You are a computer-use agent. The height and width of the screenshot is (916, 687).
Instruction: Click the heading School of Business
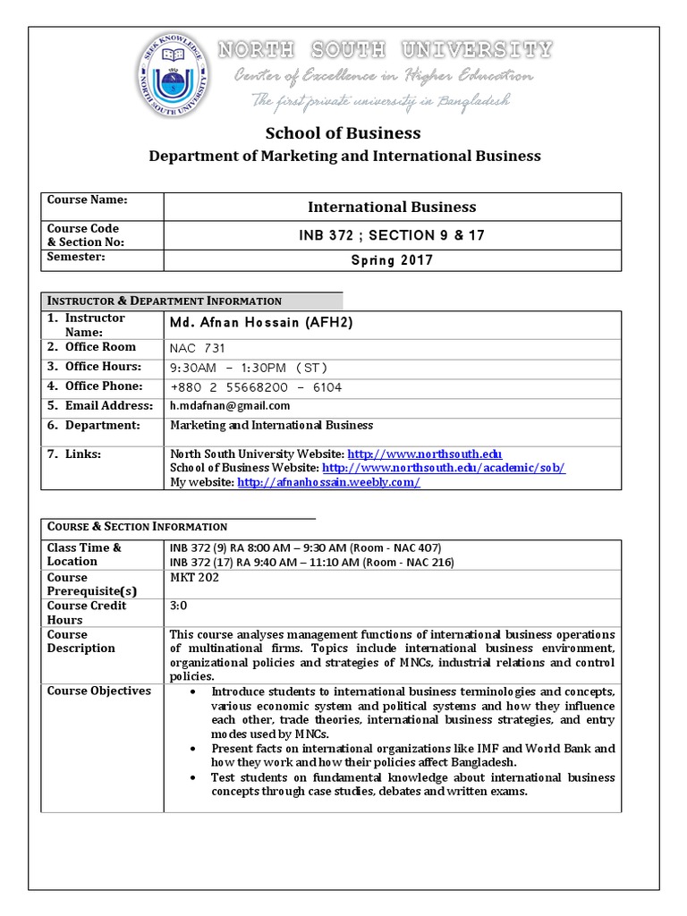click(343, 133)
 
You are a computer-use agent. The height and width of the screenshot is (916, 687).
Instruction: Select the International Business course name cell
click(392, 207)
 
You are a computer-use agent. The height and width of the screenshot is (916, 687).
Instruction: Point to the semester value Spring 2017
click(392, 260)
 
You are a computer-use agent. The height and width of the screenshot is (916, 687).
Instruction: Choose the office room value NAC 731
click(198, 348)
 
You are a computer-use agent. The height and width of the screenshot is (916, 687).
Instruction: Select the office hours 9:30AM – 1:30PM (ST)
click(250, 368)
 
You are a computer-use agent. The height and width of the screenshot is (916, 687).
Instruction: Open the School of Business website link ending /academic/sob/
click(444, 468)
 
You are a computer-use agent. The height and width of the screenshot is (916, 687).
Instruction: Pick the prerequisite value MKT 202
click(194, 577)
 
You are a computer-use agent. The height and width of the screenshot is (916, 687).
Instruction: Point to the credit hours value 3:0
click(179, 606)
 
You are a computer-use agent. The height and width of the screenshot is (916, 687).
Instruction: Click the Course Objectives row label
click(98, 691)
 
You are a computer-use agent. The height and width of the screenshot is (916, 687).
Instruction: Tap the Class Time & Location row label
click(84, 555)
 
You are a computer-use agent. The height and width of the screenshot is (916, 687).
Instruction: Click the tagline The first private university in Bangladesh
click(380, 101)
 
